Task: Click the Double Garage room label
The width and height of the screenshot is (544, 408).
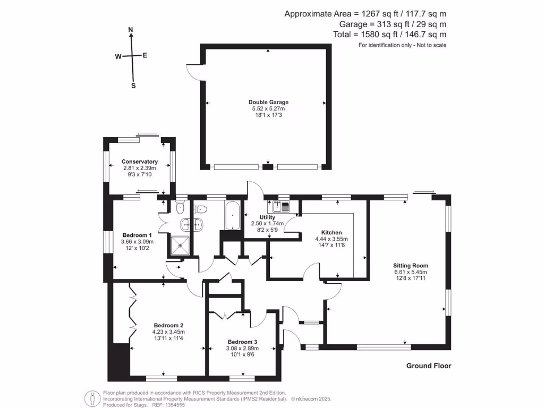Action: [268, 102]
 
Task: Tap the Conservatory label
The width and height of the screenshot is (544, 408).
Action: [140, 161]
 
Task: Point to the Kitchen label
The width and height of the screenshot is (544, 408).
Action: [331, 233]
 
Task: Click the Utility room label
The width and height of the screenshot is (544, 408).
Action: [267, 217]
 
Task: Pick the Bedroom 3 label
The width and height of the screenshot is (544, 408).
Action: [242, 342]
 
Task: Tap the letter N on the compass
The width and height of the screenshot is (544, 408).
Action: [131, 30]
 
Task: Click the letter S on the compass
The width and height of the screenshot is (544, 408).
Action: [133, 86]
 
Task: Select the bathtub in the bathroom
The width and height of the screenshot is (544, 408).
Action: [232, 215]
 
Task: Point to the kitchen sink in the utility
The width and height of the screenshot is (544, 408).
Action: [282, 207]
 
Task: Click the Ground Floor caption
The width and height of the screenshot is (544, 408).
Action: [429, 365]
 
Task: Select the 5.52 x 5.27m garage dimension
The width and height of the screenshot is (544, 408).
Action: [268, 108]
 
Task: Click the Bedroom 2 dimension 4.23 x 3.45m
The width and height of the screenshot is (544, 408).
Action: [168, 331]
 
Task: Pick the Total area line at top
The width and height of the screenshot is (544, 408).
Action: [389, 35]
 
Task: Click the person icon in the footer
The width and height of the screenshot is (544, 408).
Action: [92, 398]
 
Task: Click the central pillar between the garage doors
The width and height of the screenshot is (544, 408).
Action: [268, 167]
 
